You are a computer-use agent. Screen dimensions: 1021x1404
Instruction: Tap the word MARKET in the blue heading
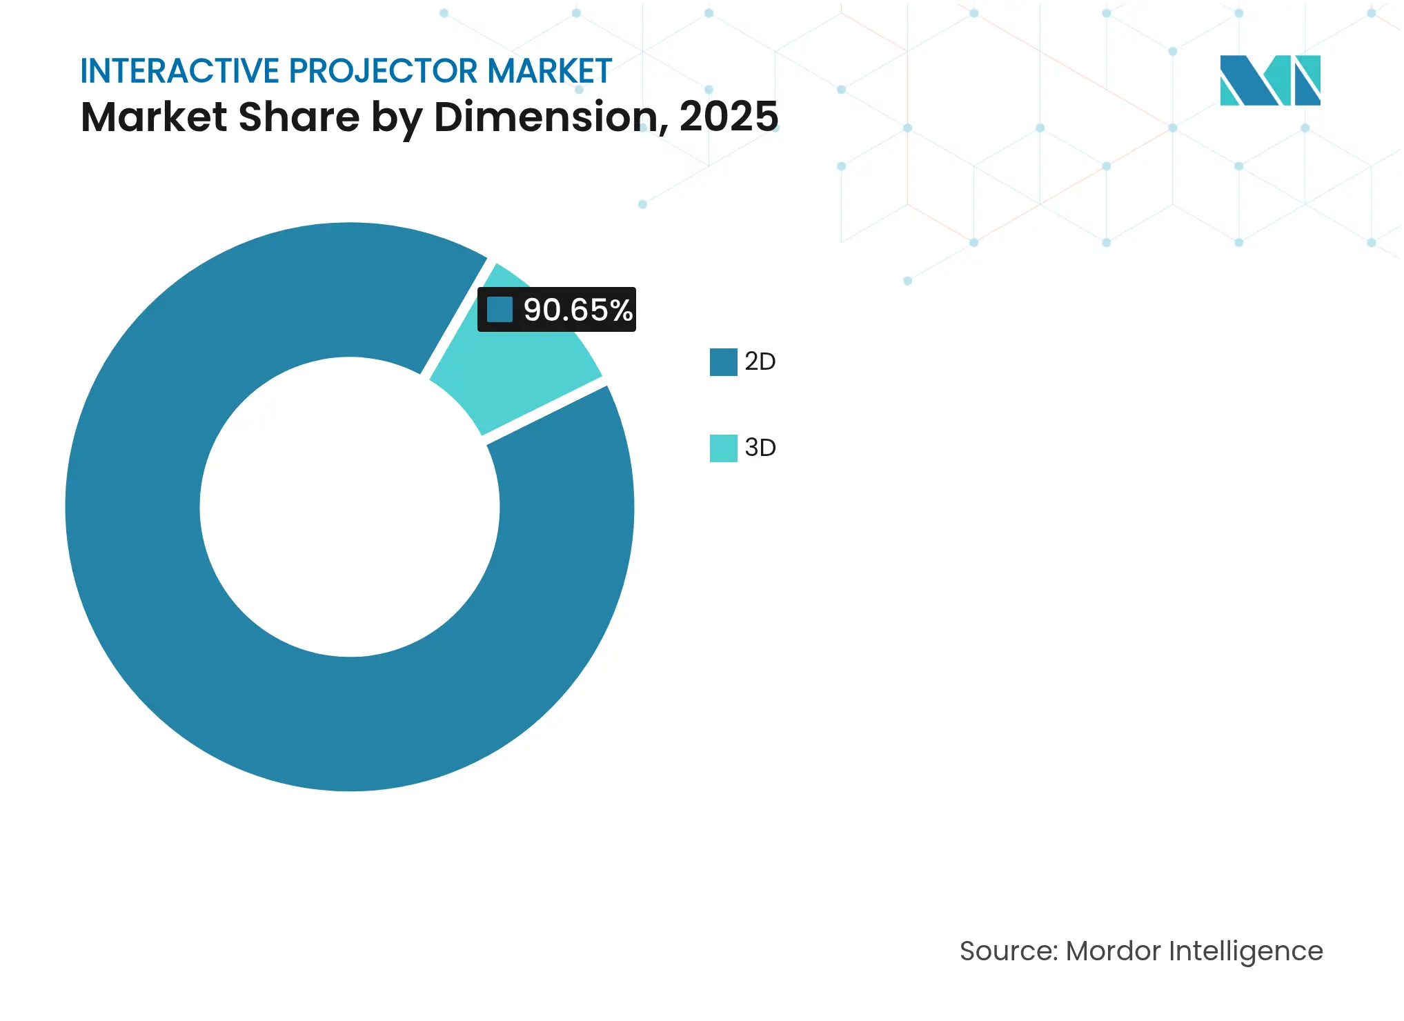(x=549, y=71)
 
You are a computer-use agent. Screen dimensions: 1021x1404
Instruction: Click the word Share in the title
(x=299, y=117)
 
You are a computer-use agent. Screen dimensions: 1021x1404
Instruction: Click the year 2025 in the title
(x=729, y=117)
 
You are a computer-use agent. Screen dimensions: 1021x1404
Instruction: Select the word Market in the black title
(x=154, y=117)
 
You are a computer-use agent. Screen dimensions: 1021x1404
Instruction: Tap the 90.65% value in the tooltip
(x=577, y=310)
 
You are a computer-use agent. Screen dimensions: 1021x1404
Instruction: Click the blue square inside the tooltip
(x=500, y=310)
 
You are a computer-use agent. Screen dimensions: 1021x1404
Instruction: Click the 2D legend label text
(x=760, y=361)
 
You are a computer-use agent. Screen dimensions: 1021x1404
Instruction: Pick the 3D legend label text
(x=760, y=448)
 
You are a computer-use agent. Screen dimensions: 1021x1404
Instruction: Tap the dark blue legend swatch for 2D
(x=723, y=361)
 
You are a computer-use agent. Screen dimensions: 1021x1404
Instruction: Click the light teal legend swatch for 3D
(x=723, y=448)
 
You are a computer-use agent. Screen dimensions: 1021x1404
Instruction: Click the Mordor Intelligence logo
(x=1269, y=80)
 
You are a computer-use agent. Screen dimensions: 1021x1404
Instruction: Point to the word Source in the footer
(x=1007, y=951)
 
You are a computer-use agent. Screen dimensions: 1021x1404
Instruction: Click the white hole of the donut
(x=350, y=507)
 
